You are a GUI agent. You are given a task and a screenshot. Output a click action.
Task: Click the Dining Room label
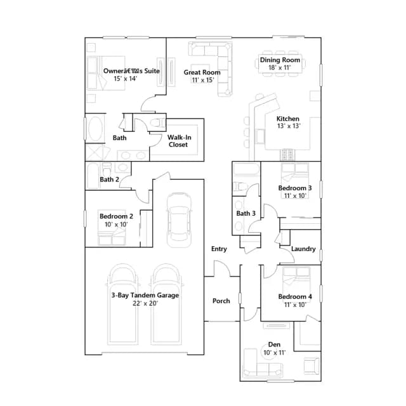(280, 60)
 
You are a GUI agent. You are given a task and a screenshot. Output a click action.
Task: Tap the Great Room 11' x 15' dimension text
(203, 80)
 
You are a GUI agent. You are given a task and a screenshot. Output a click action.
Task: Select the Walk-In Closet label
(179, 141)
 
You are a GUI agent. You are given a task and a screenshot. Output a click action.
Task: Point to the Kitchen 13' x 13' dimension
(289, 126)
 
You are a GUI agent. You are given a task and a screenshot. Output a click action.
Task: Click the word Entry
(219, 249)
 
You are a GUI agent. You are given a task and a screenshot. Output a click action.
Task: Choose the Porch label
(221, 301)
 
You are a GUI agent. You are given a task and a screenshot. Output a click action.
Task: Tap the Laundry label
(303, 249)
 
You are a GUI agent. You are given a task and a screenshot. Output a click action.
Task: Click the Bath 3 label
(246, 213)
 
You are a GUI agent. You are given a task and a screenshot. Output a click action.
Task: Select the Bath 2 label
(109, 179)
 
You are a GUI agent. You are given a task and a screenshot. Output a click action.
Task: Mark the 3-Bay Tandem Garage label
(145, 295)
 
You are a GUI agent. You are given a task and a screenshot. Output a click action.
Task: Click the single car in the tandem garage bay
(179, 220)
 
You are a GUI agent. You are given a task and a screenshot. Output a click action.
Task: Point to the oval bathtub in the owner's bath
(96, 128)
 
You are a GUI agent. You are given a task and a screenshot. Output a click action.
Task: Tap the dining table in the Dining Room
(280, 63)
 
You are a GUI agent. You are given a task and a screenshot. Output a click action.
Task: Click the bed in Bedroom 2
(112, 227)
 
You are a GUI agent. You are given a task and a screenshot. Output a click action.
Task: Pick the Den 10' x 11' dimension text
(275, 353)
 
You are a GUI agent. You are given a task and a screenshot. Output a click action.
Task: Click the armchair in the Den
(311, 366)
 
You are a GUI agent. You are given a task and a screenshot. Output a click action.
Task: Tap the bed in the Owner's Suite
(106, 73)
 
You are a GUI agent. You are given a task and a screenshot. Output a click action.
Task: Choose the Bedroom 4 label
(295, 297)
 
